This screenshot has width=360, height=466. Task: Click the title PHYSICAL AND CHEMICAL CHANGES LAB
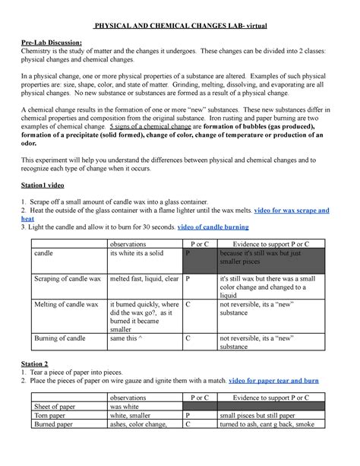click(x=179, y=26)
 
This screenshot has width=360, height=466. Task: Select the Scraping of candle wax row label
click(x=66, y=280)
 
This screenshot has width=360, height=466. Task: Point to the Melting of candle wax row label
click(x=65, y=305)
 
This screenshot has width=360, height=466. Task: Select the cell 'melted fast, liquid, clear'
click(x=144, y=280)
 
